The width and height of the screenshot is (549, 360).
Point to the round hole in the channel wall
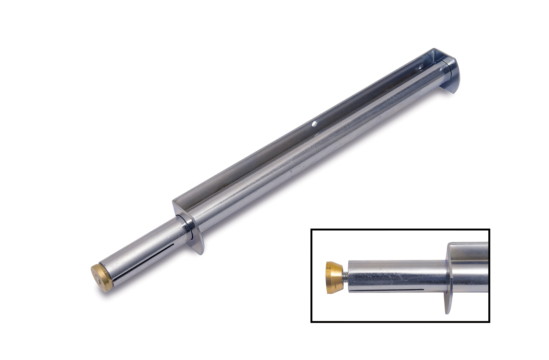click(x=313, y=124)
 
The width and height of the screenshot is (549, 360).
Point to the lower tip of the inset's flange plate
click(x=446, y=313)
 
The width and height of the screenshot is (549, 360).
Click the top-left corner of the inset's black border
click(x=311, y=230)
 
